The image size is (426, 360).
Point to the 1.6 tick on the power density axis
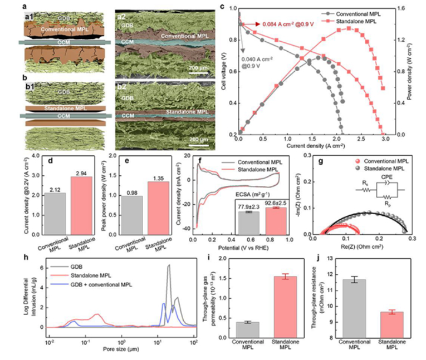tap(405, 8)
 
